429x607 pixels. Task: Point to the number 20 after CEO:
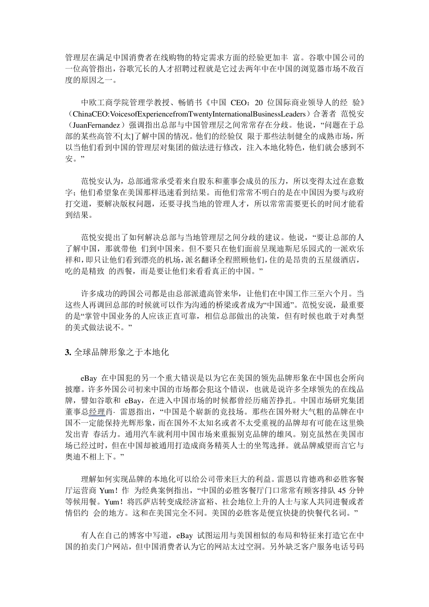259,101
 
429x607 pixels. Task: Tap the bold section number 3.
67,352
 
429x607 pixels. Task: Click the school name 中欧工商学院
105,101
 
